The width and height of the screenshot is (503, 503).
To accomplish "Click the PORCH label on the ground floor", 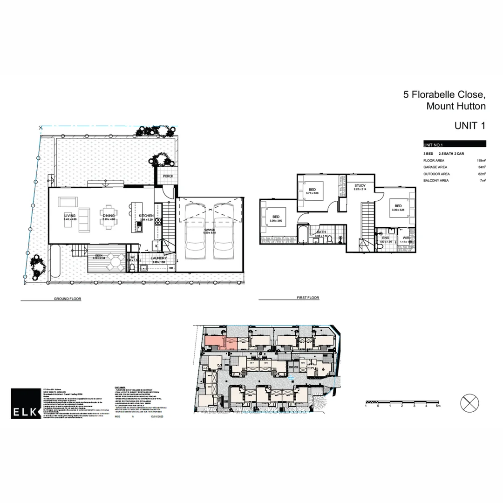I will (167, 176).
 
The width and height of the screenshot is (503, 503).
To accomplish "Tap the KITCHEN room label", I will (145, 216).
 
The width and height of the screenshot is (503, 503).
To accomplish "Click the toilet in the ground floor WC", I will (132, 267).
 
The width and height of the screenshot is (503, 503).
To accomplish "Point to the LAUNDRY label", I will (159, 258).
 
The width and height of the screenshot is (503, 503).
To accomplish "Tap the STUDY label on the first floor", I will (360, 185).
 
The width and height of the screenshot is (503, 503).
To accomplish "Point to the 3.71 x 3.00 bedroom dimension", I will (312, 193).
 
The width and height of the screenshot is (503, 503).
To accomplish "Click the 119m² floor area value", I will (481, 160).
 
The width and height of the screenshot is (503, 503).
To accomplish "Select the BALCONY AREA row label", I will (435, 180).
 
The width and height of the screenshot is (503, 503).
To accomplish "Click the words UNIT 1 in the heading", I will (469, 125).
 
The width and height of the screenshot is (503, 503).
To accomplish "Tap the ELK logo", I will (25, 403).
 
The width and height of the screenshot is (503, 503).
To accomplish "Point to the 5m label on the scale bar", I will (437, 406).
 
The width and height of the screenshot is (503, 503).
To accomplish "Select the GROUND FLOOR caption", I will (68, 299).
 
